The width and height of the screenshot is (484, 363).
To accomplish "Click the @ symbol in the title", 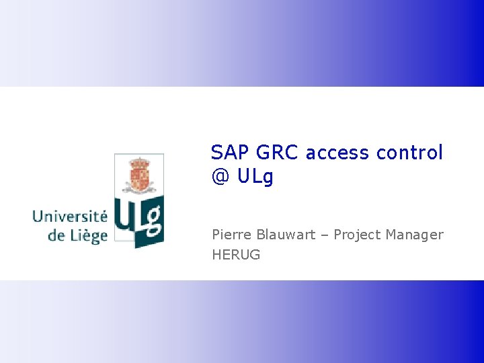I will pyautogui.click(x=220, y=177).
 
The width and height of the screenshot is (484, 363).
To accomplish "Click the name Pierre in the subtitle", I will pyautogui.click(x=230, y=235).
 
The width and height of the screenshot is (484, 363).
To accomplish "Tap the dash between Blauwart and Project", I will pyautogui.click(x=325, y=235).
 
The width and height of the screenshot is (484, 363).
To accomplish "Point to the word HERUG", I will pyautogui.click(x=236, y=255).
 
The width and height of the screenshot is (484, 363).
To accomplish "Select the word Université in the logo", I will pyautogui.click(x=70, y=216).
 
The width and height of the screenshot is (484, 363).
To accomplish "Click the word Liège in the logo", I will pyautogui.click(x=87, y=236).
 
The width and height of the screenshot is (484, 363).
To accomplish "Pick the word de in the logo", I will pyautogui.click(x=56, y=236).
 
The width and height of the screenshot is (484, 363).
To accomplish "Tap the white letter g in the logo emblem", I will pyautogui.click(x=154, y=222).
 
